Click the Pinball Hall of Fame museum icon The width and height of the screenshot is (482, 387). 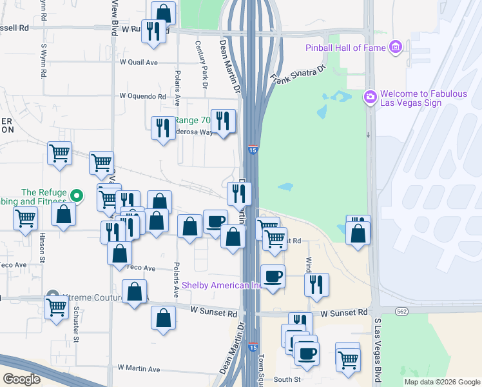[396, 47]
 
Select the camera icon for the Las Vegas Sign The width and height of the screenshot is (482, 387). [370, 97]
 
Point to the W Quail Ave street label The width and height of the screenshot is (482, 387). [139, 63]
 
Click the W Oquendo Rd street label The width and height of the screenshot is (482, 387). [142, 96]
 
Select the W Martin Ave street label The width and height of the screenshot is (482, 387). [139, 368]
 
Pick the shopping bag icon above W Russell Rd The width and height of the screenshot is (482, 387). [164, 13]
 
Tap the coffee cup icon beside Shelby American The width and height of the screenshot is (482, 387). [273, 276]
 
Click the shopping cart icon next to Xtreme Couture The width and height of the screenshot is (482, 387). [56, 307]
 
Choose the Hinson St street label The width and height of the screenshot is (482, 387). [42, 247]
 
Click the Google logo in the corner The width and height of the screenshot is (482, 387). [21, 379]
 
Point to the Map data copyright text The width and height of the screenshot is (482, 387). [442, 382]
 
